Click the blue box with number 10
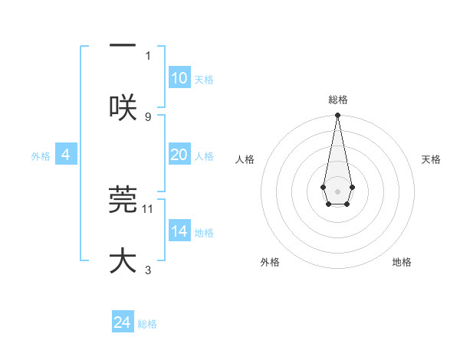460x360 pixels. tap(179, 78)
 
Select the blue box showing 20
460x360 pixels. tap(179, 155)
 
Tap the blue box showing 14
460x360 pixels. tap(179, 231)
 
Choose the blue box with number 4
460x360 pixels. tap(66, 155)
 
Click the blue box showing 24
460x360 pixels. tap(123, 322)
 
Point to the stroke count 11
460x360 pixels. tap(148, 208)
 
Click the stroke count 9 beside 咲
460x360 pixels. tap(148, 116)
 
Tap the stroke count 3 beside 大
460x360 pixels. tap(148, 270)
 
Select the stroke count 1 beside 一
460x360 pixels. tap(148, 55)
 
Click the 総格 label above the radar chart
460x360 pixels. tap(337, 100)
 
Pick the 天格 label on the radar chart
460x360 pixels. tap(431, 159)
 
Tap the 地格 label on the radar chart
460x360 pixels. tap(402, 262)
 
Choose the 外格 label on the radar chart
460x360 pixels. tap(270, 262)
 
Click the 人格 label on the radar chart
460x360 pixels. tap(245, 159)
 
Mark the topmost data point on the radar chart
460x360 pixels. tap(337, 116)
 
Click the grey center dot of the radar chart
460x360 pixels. tap(337, 191)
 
